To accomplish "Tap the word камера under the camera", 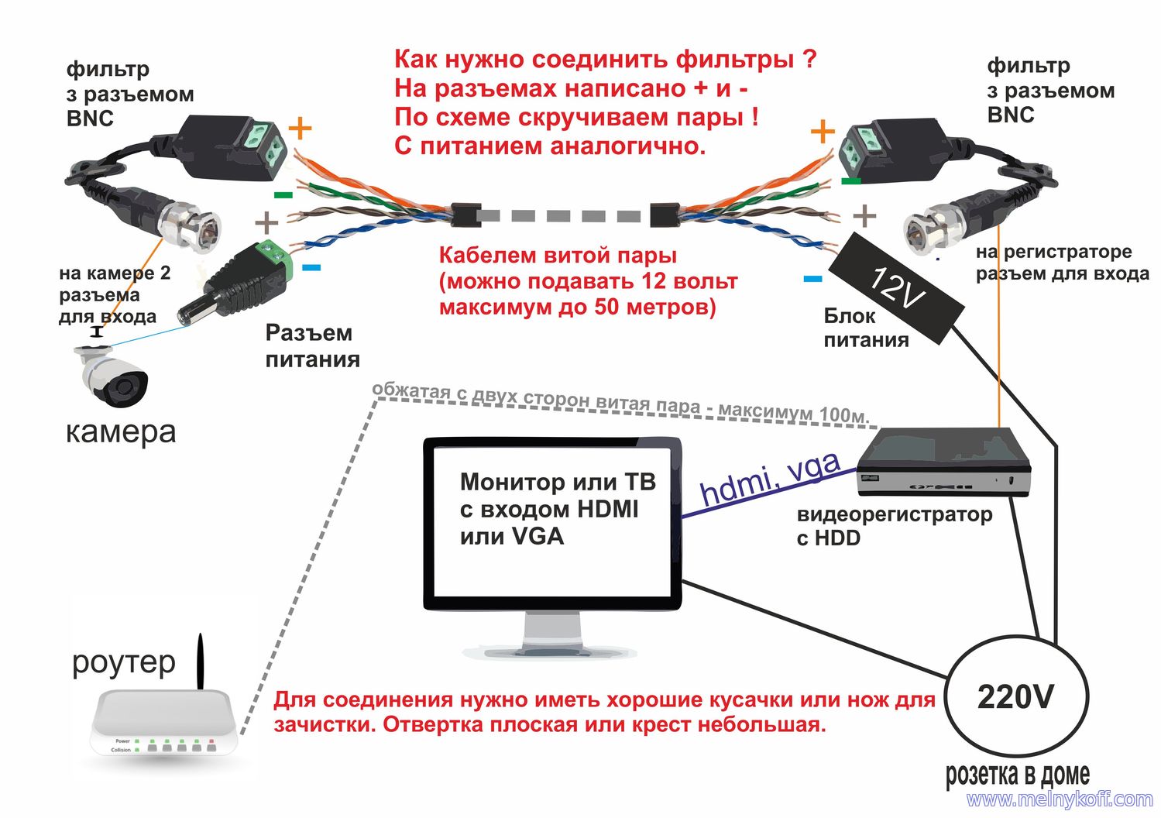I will (x=121, y=432).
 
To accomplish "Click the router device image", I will (x=163, y=724).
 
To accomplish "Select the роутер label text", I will (x=124, y=663).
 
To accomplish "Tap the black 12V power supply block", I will (x=896, y=287).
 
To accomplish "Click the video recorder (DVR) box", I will (x=944, y=462).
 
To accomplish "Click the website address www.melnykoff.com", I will (x=1059, y=799).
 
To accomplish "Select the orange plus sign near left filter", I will (x=300, y=129).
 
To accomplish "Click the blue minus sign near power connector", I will (x=311, y=268).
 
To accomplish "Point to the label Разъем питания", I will (x=312, y=346).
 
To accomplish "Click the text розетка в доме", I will (x=1017, y=774).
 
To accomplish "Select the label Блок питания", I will (x=866, y=328).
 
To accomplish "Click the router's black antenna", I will (x=200, y=662).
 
